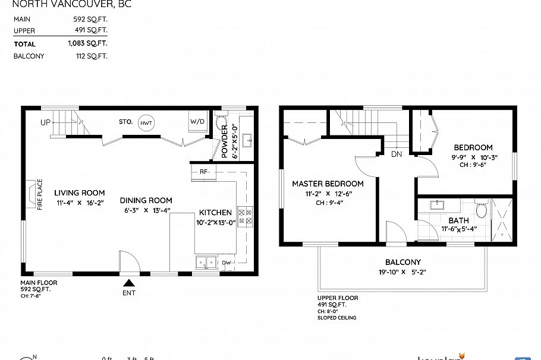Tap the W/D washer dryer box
coord(197,122)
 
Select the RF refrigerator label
coord(203,172)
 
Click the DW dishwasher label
coord(226,262)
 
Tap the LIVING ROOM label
coord(80,193)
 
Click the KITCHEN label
coord(215,213)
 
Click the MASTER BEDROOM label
coord(328,184)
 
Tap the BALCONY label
coord(402,262)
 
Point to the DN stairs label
coord(397,154)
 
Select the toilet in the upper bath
coord(482,209)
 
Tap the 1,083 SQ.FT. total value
coord(87,44)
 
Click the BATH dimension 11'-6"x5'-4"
coord(458,229)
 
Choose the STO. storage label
coord(125,122)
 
